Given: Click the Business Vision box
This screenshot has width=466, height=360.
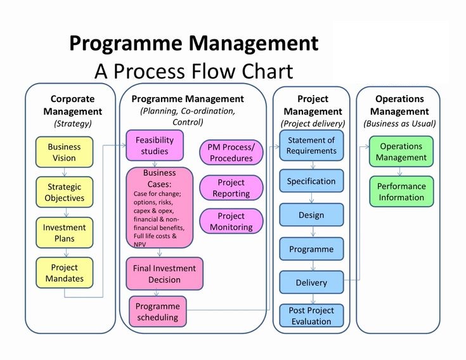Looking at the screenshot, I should pos(65,152).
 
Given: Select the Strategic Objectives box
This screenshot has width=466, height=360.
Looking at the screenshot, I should pos(65,192).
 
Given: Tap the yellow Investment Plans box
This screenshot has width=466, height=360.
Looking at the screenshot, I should pos(65,233).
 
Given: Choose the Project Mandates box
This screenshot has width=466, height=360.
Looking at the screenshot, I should pos(65,273).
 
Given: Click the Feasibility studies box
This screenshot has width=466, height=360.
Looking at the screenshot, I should pos(155,145).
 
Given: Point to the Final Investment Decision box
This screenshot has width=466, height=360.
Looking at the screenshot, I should pos(165,273).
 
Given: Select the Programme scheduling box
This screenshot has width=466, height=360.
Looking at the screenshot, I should pos(159,311).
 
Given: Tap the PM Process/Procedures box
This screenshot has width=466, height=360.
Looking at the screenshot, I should pos(231,152).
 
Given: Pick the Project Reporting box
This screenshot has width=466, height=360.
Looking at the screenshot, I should pos(231,188).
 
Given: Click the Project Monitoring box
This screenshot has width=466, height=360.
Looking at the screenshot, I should pos(231,221).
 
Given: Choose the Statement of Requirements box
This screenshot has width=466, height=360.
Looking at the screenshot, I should pos(311,145).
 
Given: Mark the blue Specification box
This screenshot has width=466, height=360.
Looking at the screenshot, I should pos(311,181).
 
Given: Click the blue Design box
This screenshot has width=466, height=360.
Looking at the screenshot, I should pos(311,215).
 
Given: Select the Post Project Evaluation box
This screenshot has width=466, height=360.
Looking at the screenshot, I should pos(311,316).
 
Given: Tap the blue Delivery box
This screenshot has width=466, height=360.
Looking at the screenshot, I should pos(311,283).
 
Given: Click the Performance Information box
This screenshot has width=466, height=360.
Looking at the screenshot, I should pos(401,191).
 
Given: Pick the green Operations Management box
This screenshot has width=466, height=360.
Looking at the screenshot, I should pos(401,152).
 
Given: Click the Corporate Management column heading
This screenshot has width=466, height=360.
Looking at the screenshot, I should pos(73,105).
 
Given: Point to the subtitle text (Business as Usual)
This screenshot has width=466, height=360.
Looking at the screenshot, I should pos(399,124).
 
